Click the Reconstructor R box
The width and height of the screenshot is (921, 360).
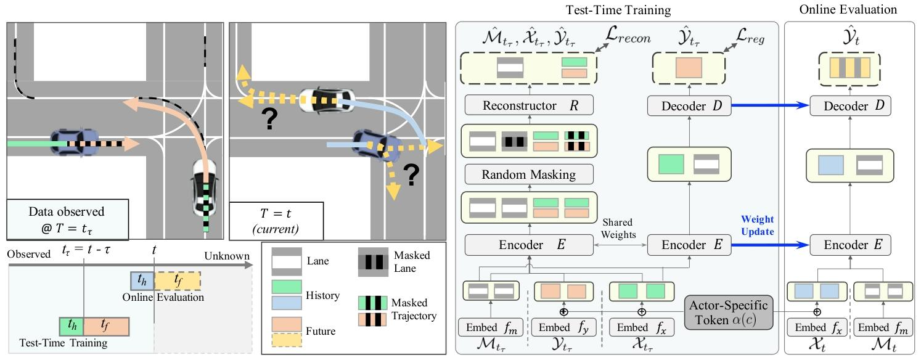(x=528, y=106)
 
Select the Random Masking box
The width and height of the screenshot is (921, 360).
(x=528, y=174)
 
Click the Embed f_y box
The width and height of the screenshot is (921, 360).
(x=563, y=327)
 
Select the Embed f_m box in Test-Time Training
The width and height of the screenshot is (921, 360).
(x=491, y=327)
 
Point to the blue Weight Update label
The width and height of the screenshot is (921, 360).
(x=757, y=225)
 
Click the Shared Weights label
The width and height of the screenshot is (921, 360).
(x=619, y=228)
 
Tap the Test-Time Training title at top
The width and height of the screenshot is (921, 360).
(x=618, y=9)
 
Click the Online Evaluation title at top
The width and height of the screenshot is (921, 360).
(x=848, y=9)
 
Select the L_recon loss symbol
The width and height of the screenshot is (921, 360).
(x=624, y=38)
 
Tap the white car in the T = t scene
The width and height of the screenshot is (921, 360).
(x=327, y=99)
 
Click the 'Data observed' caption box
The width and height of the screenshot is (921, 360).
(x=67, y=219)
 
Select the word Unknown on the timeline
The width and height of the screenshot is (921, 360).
(x=227, y=256)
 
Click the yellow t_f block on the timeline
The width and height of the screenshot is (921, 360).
(x=178, y=281)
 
